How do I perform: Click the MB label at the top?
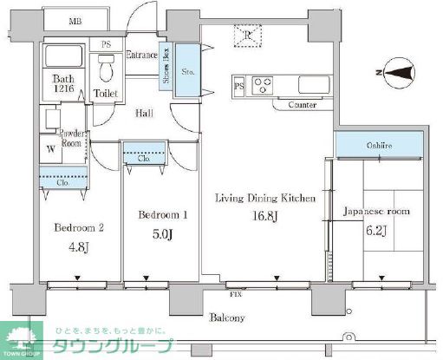coord(76,21)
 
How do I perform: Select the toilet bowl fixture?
coord(107,66)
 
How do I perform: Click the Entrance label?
coord(141,55)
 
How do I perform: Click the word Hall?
coord(145,113)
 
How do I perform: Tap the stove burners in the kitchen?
coord(264,86)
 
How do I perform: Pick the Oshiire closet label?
coord(378,146)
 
